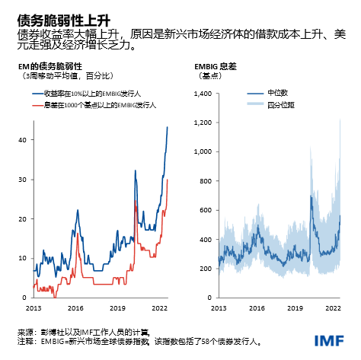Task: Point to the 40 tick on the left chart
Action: (23, 140)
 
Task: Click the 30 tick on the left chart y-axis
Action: (23, 180)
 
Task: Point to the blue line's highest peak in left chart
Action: (168, 127)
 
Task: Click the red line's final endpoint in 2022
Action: (168, 180)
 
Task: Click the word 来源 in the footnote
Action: (24, 333)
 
